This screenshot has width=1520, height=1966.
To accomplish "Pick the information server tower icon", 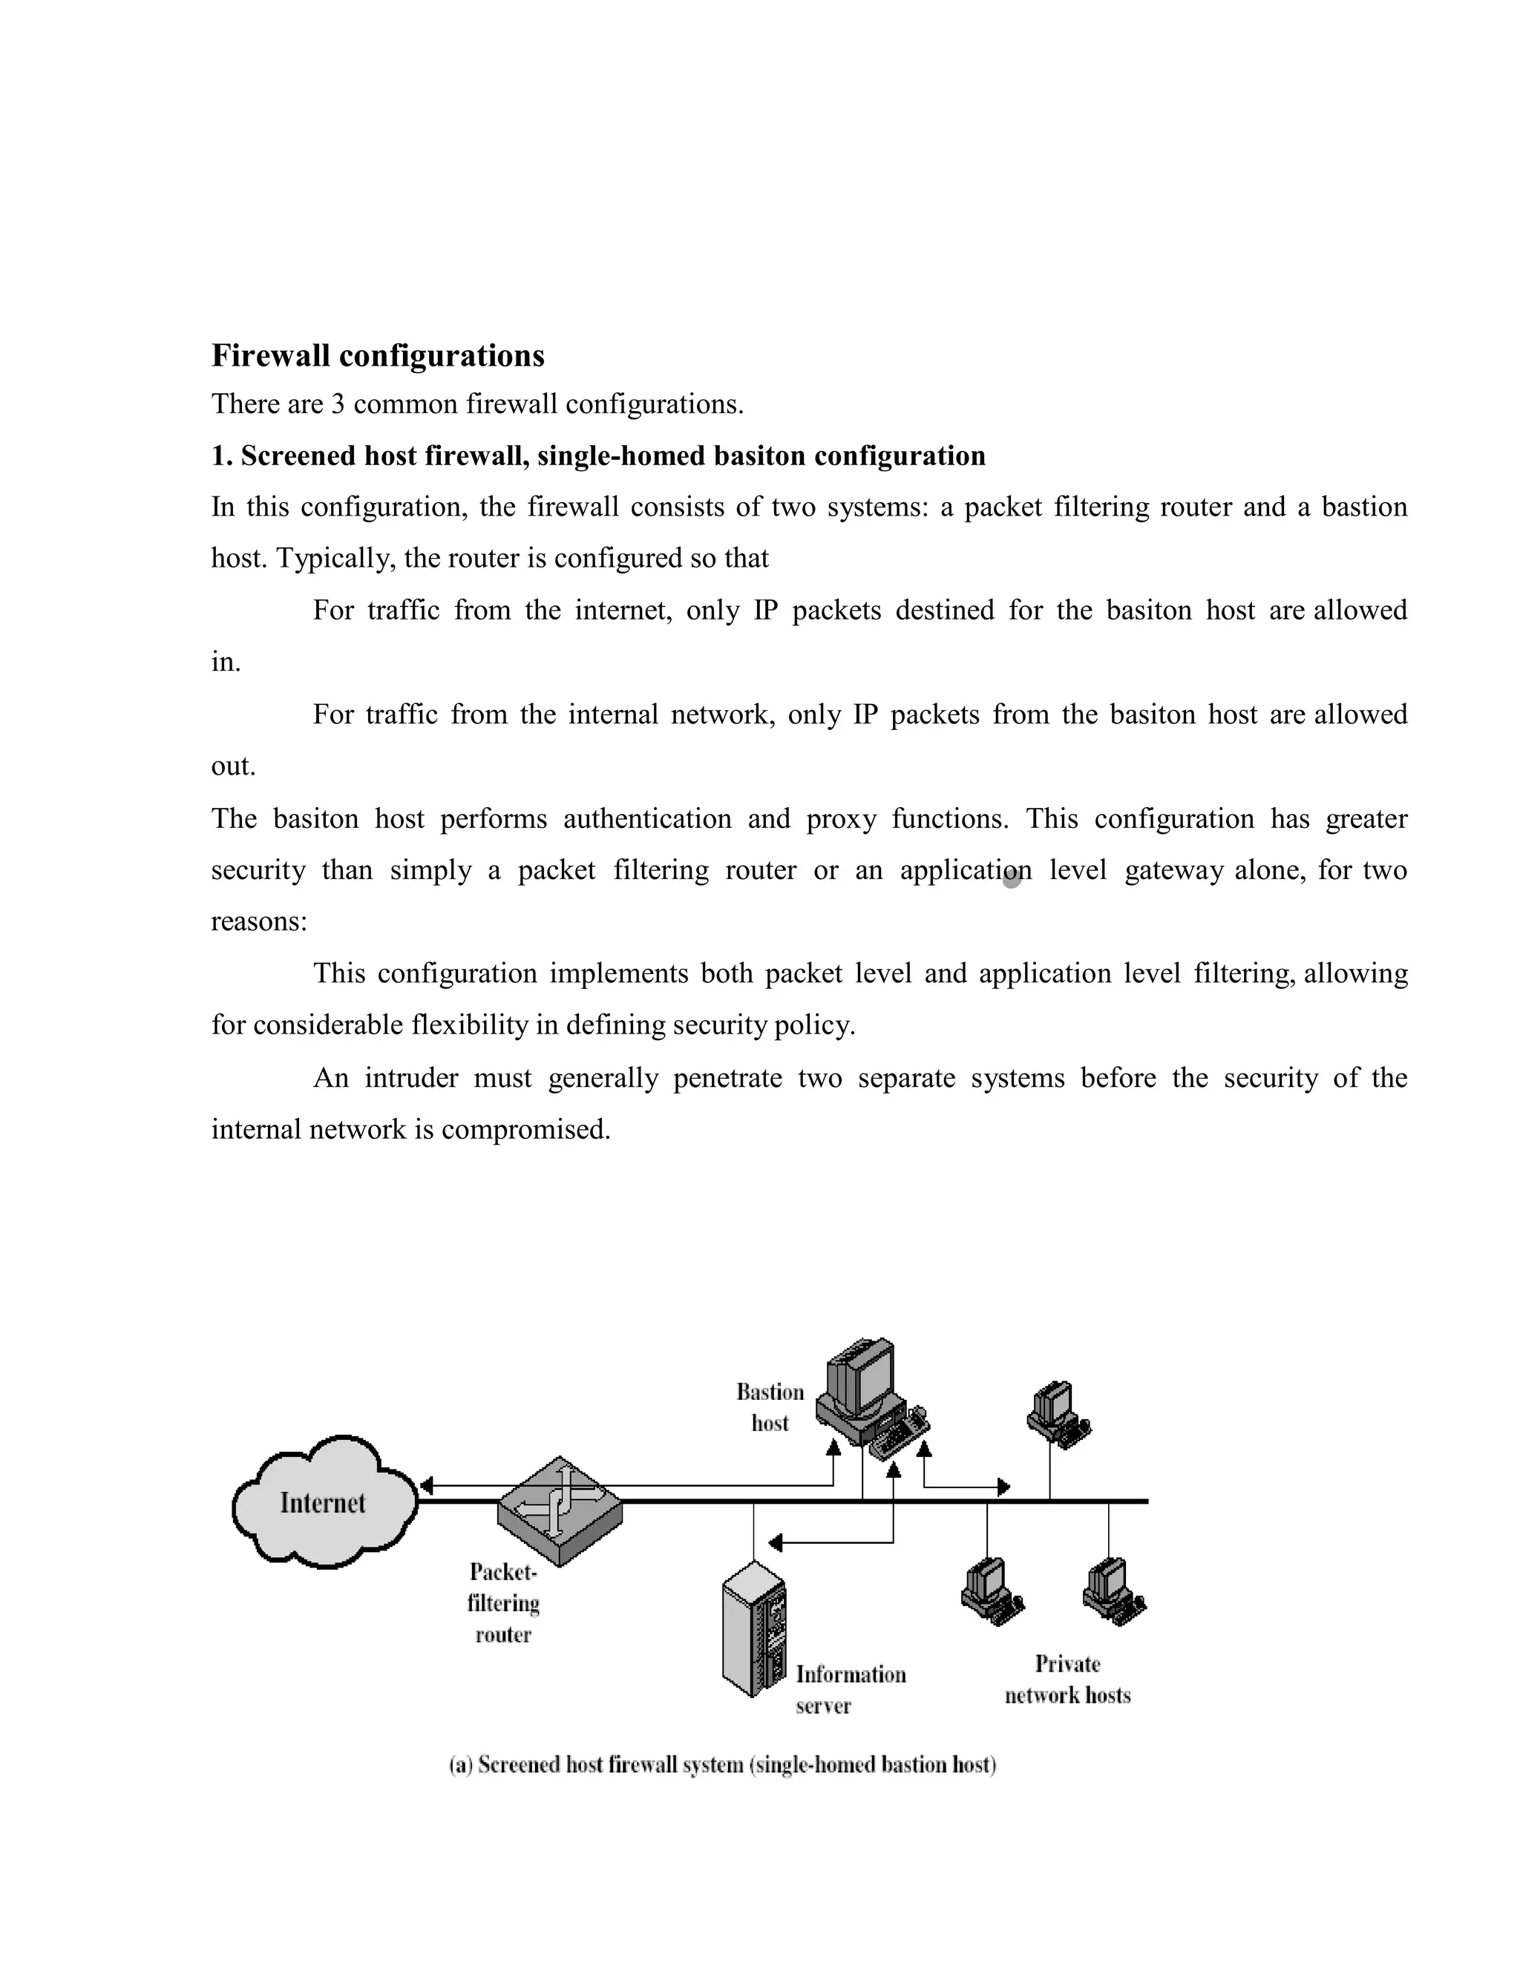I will coord(755,1629).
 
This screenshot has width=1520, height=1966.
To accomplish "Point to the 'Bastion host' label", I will coord(770,1407).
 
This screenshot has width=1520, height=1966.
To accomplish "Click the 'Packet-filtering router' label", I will coord(503,1603).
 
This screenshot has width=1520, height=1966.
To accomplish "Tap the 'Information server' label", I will coord(849,1689).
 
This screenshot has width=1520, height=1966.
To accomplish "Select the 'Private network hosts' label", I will coord(1067,1680).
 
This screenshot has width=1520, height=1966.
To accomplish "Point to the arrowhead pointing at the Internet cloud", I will coord(427,1485).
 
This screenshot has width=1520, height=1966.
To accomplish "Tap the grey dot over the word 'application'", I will coord(1012,878).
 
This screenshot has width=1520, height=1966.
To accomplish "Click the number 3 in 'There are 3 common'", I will coord(338,404).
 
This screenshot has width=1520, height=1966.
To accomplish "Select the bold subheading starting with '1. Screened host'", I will coord(598,456).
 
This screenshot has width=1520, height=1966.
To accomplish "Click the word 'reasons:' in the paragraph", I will coord(259,921).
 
